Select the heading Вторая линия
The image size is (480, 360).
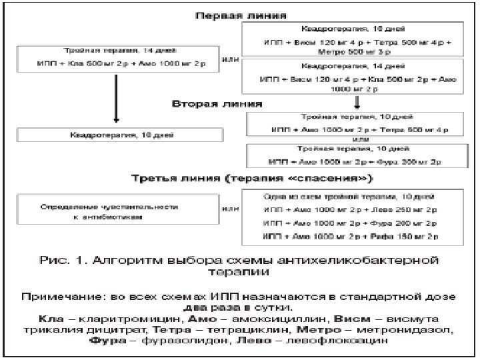217,105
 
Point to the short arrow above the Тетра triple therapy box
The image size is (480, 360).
358,101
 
